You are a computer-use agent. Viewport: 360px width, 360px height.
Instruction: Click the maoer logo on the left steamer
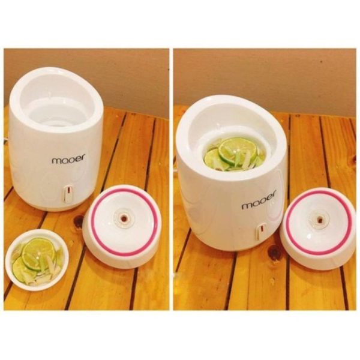coord(69,158)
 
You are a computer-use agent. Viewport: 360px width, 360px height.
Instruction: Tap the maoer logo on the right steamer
coord(259,200)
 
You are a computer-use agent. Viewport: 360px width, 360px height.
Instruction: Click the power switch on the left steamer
coord(68,193)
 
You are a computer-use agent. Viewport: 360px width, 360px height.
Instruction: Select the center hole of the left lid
coord(124,218)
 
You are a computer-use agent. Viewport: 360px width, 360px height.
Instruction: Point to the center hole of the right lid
coord(320,220)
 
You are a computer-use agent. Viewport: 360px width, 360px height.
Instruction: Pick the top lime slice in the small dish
coord(38,254)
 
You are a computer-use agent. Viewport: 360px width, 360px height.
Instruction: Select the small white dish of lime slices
coord(37,260)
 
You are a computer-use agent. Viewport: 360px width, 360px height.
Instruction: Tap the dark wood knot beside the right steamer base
coord(274,253)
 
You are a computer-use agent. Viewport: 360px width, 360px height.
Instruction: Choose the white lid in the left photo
coord(122,227)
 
